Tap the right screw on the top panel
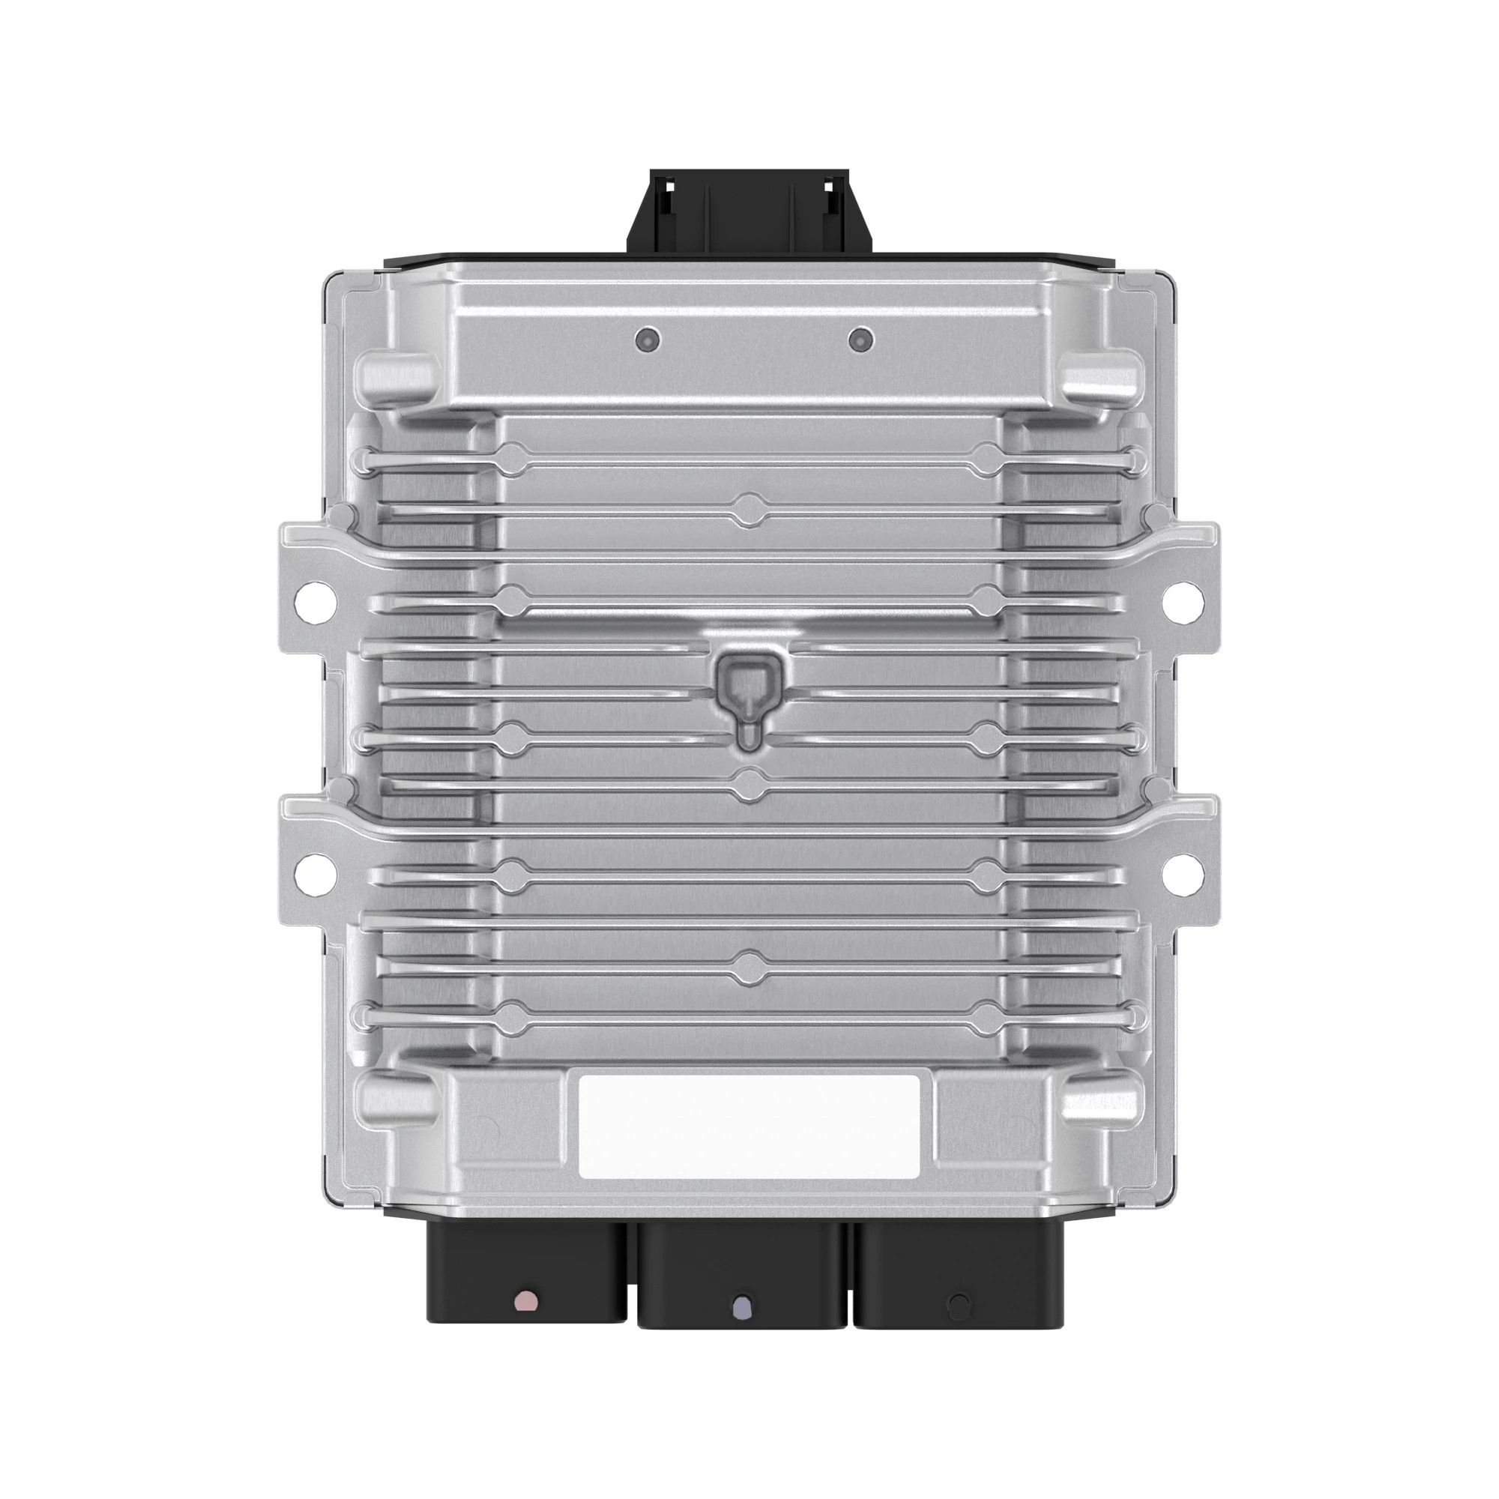(861, 339)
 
